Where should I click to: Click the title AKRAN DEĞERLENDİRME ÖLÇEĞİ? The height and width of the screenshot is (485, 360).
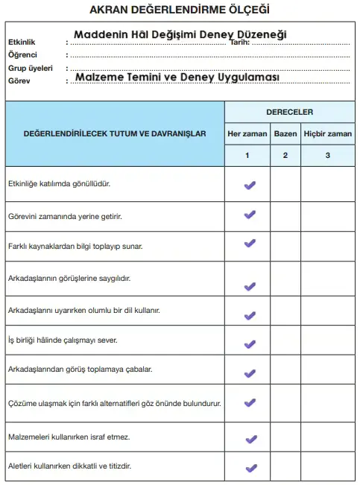point(179,10)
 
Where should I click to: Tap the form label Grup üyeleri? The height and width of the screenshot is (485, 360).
point(27,66)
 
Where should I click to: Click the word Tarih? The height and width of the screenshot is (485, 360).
point(241,43)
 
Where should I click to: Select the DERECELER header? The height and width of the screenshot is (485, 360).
point(289,112)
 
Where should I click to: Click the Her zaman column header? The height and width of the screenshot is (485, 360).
point(247,134)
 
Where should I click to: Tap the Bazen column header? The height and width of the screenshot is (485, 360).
point(285,134)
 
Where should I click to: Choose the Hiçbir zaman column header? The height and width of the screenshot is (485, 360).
point(327,134)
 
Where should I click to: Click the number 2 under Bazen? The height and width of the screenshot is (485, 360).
point(285,156)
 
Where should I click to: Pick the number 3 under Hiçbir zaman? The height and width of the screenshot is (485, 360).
point(327,156)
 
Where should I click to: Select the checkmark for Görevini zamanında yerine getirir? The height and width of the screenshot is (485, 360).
point(250,215)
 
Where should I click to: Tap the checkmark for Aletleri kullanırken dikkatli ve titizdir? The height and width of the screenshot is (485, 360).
point(250,468)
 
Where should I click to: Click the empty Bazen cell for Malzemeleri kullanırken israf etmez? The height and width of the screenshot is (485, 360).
point(285,437)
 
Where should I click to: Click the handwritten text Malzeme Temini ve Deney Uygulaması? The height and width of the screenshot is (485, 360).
point(177,77)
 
